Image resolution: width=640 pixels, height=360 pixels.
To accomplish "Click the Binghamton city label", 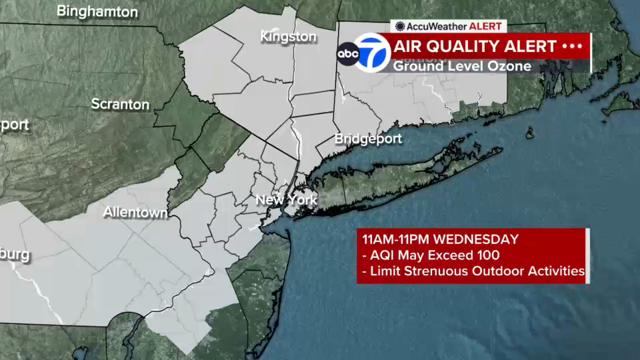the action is (x=97, y=12).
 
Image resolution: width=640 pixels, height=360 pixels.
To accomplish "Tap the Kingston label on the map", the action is (x=288, y=36).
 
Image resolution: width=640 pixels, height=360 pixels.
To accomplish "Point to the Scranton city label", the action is (x=120, y=104).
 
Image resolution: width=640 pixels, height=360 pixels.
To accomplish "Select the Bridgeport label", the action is (x=368, y=139).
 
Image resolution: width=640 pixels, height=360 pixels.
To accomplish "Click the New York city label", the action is (x=286, y=200).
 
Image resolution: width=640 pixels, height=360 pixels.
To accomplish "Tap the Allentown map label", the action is (x=135, y=212).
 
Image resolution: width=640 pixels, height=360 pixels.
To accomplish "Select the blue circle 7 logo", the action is (x=372, y=53).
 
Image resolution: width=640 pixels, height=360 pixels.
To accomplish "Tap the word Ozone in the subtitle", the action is (x=509, y=66).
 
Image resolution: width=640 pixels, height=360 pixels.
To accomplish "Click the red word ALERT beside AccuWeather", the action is (x=485, y=26).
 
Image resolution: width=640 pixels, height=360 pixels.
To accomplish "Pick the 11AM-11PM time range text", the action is (x=396, y=239).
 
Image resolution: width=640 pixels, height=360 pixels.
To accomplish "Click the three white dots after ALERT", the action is (x=572, y=46).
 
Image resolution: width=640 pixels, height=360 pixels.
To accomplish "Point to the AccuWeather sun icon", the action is (x=400, y=26).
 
